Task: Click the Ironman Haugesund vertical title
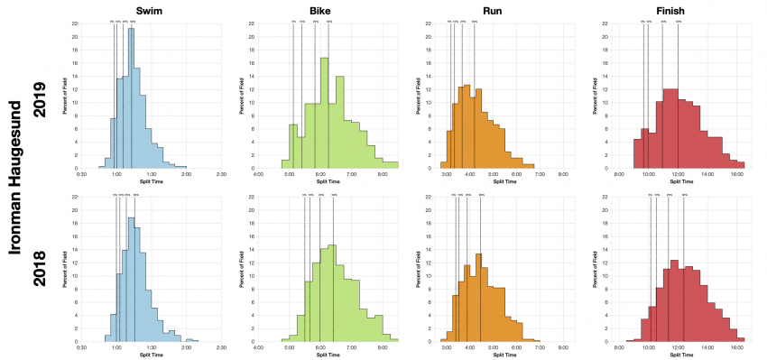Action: tap(15, 180)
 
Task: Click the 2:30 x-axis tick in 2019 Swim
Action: tap(220, 175)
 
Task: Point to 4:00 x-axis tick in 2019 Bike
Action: tap(258, 175)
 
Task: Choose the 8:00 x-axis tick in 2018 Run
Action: tap(562, 347)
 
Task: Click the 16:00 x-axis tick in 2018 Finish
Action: tap(736, 347)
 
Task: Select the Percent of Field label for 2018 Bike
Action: tap(242, 268)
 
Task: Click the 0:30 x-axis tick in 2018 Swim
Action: tap(81, 347)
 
